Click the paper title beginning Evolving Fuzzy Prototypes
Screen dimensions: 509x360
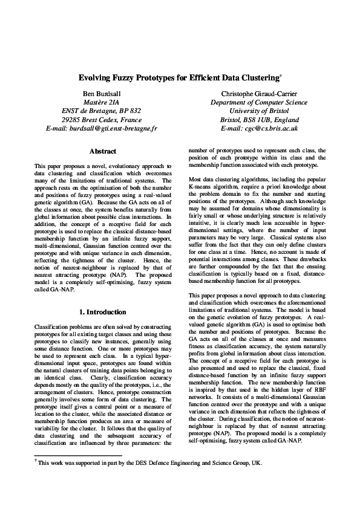click(179, 79)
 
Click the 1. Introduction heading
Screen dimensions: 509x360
click(102, 312)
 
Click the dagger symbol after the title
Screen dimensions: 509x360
click(282, 76)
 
